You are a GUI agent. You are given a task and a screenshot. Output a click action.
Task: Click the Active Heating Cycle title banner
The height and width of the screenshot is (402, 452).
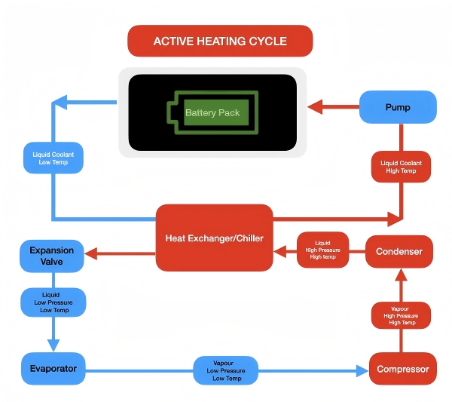220,41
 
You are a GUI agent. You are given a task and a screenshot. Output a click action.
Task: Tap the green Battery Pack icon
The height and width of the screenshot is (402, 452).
212,112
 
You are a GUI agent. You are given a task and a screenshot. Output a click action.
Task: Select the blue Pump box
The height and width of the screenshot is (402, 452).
398,107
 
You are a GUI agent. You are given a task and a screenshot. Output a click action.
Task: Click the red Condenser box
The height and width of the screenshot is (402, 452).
399,251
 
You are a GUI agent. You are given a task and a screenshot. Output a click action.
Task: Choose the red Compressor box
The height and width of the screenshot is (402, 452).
402,369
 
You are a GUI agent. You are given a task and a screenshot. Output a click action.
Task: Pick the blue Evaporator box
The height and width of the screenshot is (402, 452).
53,369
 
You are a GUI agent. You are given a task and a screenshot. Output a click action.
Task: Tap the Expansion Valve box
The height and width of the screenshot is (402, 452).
52,256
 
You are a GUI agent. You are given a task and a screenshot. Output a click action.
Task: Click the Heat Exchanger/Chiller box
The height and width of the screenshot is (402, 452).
214,238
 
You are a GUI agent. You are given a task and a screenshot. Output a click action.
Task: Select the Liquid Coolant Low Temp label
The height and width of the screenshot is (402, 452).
53,158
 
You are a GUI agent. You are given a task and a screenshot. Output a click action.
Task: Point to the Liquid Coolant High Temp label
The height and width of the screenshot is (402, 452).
401,167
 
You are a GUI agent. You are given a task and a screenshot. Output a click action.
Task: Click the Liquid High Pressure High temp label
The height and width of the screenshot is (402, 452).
322,250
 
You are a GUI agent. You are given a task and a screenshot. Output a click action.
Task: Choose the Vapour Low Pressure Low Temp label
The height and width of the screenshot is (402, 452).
226,370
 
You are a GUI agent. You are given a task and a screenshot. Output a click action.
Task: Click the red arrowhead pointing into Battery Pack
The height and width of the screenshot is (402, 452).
315,107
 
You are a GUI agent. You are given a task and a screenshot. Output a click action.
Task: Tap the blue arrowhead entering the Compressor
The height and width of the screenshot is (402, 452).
360,370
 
